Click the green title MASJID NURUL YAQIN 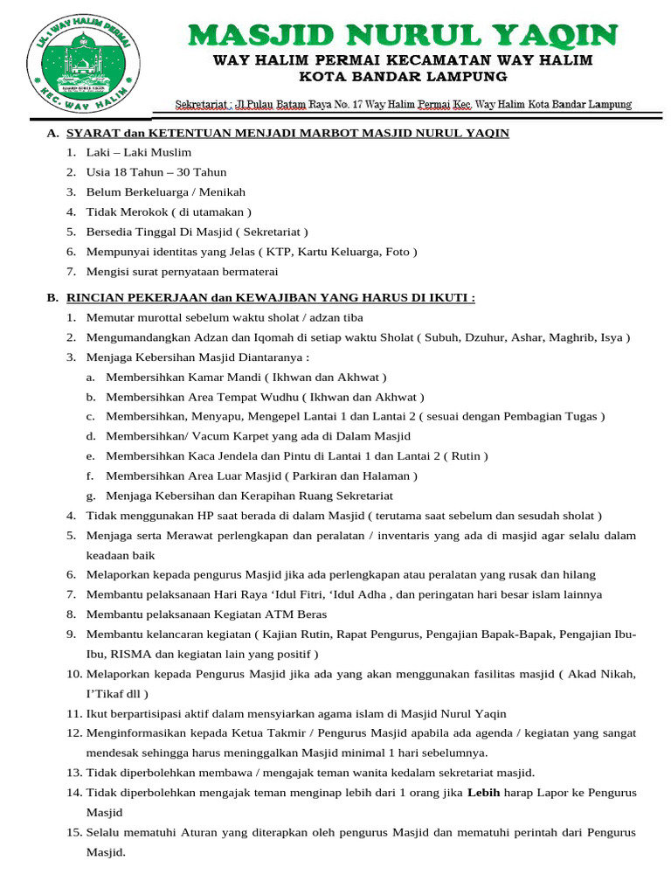point(404,36)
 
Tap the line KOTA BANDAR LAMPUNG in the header point(404,77)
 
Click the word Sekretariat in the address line point(200,105)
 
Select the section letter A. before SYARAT point(53,133)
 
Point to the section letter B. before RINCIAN point(53,297)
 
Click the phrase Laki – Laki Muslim point(127,152)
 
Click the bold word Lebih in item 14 point(483,793)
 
